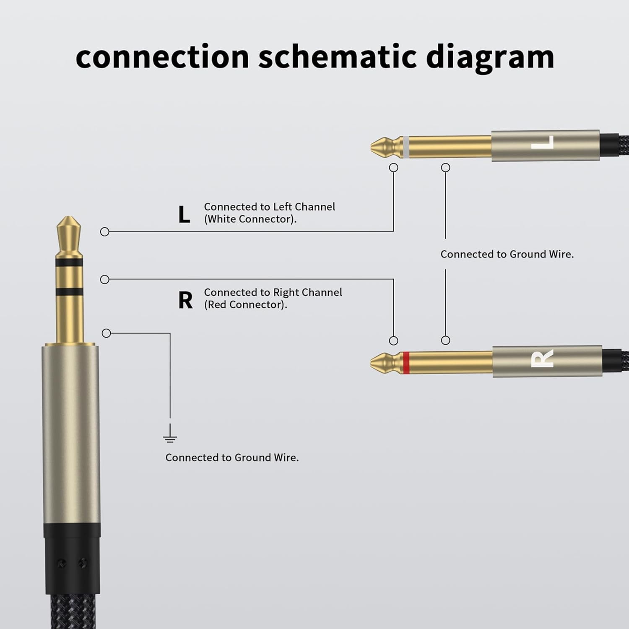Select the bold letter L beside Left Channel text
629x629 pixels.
[x=184, y=215]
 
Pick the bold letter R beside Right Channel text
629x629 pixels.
[x=185, y=300]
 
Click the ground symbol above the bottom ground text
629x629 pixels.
[x=170, y=434]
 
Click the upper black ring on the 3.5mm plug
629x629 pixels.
[x=69, y=263]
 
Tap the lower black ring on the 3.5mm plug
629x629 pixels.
[x=69, y=292]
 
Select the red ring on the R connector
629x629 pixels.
[x=405, y=363]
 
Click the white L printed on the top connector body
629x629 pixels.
[x=543, y=142]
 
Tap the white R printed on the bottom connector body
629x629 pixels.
[x=542, y=358]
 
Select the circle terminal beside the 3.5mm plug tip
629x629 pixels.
[x=105, y=231]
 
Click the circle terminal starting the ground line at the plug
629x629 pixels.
[x=107, y=333]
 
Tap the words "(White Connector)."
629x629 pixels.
[x=250, y=219]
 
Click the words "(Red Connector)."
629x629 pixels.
[x=246, y=305]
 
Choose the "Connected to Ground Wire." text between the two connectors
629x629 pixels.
[x=507, y=254]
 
